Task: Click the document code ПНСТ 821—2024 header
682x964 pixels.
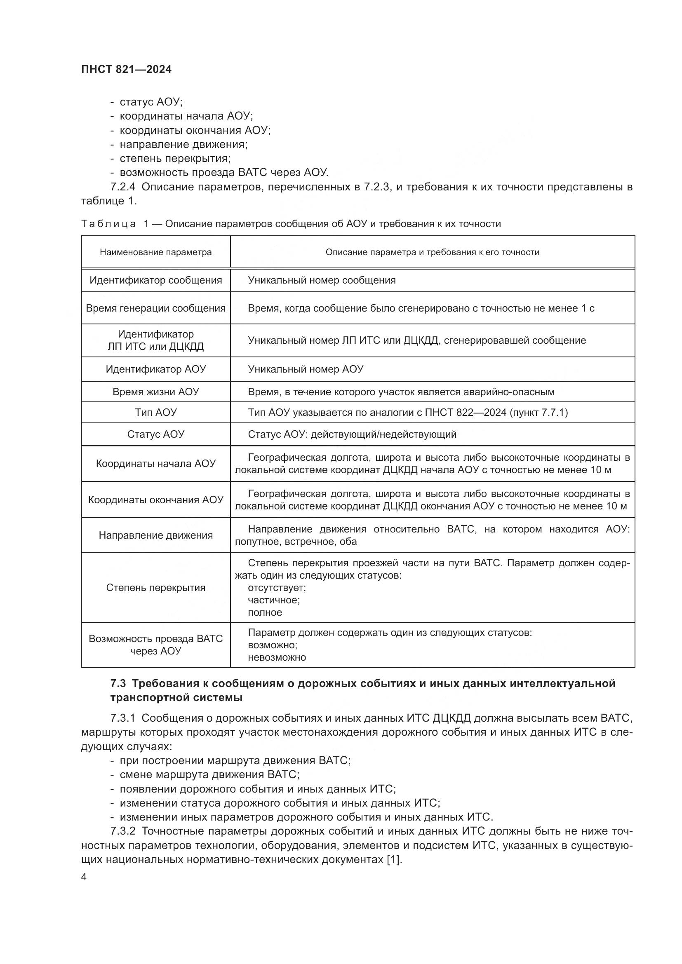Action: (x=126, y=69)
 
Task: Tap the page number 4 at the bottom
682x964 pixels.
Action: (x=84, y=877)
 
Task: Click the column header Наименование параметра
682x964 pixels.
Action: (x=155, y=252)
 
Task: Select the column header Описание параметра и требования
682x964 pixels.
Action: (x=432, y=252)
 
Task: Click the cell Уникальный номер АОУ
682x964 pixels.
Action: (x=305, y=369)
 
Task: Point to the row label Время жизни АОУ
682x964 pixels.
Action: (x=155, y=392)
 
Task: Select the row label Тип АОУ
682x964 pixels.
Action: (x=155, y=412)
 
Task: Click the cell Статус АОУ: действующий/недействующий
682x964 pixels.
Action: (x=352, y=434)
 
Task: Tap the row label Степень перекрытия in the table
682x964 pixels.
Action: (x=155, y=587)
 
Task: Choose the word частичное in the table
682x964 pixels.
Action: (x=273, y=600)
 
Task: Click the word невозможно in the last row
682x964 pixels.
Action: (x=277, y=657)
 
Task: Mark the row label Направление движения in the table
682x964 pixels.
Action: (x=155, y=535)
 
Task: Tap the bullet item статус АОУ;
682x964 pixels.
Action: (x=151, y=102)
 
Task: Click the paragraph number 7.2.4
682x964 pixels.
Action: (x=122, y=187)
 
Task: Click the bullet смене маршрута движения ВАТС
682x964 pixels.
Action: (x=209, y=774)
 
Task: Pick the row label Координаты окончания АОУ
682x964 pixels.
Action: (x=155, y=500)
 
